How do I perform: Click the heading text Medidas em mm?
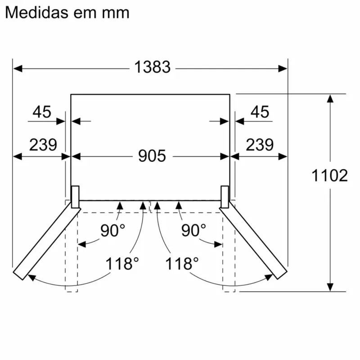[x=67, y=12]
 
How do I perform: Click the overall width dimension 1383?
[x=153, y=67]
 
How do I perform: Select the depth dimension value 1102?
[x=330, y=175]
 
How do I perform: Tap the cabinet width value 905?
[x=152, y=156]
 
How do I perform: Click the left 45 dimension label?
[x=42, y=112]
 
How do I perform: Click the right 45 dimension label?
[x=260, y=112]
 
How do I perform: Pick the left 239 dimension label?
[x=43, y=145]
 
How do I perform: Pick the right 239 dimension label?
[x=260, y=145]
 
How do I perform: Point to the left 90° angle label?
[x=112, y=230]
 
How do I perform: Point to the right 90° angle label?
[x=193, y=230]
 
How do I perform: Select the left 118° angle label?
[x=120, y=263]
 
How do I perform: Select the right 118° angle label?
[x=182, y=263]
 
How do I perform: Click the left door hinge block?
[x=75, y=197]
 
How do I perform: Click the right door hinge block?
[x=225, y=197]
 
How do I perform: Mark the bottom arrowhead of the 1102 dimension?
[x=330, y=287]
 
